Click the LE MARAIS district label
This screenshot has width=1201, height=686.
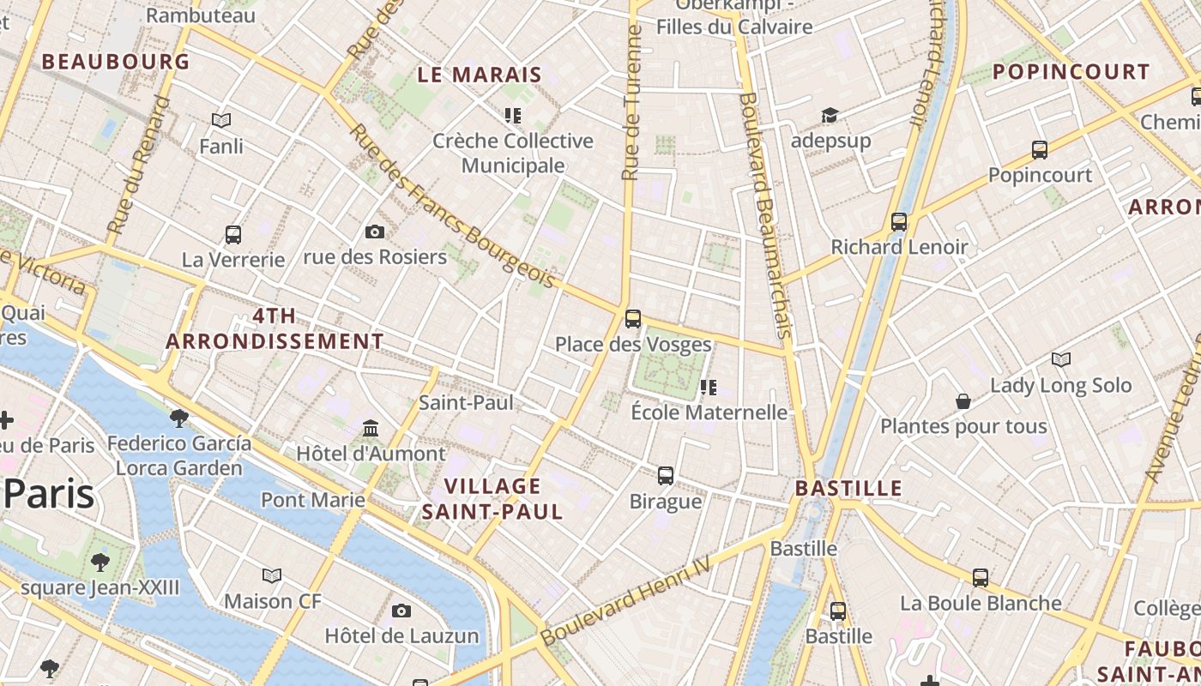[480, 75]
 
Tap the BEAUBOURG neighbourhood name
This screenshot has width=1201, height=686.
[116, 62]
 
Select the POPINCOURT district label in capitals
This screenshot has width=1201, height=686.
[1071, 72]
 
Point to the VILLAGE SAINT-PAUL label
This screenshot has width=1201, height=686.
[492, 499]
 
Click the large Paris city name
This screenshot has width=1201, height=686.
[49, 494]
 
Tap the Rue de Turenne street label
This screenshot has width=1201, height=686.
[632, 103]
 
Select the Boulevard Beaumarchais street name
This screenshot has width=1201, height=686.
[763, 214]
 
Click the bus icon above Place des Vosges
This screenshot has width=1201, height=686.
[633, 319]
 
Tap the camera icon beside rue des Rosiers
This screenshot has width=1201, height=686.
[375, 232]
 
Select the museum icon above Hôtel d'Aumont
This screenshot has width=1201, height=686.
[371, 428]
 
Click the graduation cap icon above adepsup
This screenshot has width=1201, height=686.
[830, 116]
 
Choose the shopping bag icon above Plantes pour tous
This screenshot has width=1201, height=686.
[963, 401]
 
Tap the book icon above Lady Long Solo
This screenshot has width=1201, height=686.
[1061, 359]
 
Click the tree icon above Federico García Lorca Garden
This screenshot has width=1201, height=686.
[179, 418]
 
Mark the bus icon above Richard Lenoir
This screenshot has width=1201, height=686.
[899, 222]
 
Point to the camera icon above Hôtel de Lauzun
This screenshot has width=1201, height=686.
[401, 611]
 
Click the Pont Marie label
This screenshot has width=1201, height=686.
[313, 499]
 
